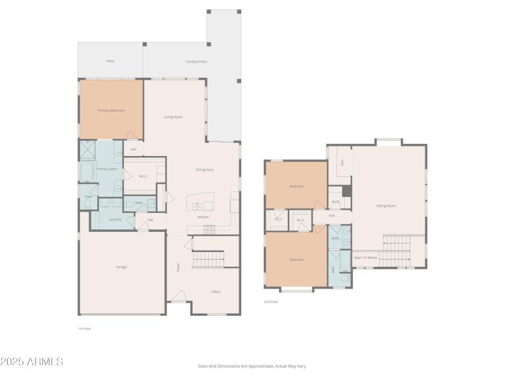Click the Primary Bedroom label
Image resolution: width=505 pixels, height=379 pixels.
[111, 111]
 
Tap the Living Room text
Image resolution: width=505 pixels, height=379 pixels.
[174, 117]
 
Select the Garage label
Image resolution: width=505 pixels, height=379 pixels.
[121, 267]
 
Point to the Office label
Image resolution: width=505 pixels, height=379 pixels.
[215, 292]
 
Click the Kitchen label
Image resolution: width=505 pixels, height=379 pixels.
[203, 217]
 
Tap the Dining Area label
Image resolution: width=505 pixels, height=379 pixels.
[205, 169]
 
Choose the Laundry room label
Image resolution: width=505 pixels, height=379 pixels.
[115, 219]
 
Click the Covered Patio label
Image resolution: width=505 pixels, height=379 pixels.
[196, 61]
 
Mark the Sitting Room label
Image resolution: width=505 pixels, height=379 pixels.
[386, 206]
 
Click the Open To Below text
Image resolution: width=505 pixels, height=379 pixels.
[365, 258]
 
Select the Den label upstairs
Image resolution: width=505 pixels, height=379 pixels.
[342, 162]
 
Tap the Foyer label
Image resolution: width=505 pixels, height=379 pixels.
[179, 267]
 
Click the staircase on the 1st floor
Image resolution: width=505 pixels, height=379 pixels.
[208, 259]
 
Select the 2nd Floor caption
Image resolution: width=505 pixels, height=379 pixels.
[271, 302]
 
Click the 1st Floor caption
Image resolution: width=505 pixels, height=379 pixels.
[85, 328]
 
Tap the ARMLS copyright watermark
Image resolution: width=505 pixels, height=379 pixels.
[32, 362]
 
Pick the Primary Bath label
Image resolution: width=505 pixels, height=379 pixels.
[107, 169]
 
